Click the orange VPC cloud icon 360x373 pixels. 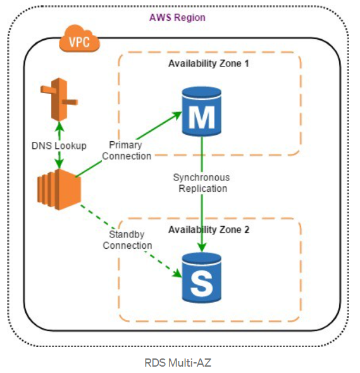(x=79, y=39)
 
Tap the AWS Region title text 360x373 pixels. (x=177, y=18)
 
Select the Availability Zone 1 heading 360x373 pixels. (x=208, y=64)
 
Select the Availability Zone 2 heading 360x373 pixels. (x=209, y=230)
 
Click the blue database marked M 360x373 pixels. (x=201, y=111)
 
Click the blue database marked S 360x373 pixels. (x=201, y=277)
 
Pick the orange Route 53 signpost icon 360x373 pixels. (x=59, y=99)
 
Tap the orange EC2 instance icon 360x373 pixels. (x=59, y=189)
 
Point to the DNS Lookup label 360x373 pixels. (x=59, y=146)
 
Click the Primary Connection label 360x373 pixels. (x=127, y=151)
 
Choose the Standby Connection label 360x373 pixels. (x=127, y=240)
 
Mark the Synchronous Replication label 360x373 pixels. (x=202, y=183)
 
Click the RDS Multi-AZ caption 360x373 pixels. (x=178, y=363)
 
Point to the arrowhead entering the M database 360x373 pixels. (x=177, y=115)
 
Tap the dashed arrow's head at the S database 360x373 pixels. (x=178, y=274)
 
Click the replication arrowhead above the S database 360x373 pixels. (x=202, y=248)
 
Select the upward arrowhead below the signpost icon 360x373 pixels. (x=59, y=126)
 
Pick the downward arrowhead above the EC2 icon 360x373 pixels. (x=59, y=163)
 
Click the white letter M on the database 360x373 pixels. (x=201, y=117)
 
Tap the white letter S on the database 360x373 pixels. (x=201, y=284)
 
